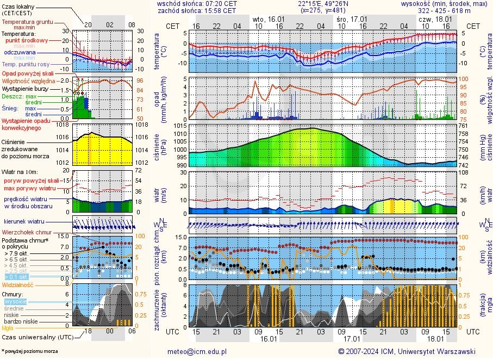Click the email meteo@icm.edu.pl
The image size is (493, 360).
coord(197,351)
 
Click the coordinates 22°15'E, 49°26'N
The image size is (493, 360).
coord(323,3)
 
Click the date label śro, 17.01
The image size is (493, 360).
coord(349,19)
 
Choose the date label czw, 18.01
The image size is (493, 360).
coord(433,19)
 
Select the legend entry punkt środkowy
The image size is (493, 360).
coord(27,40)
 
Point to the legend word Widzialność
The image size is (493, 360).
coord(18,284)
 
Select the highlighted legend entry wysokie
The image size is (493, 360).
coord(15,301)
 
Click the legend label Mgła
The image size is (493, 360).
coord(8,328)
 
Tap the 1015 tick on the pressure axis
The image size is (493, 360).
coord(181,126)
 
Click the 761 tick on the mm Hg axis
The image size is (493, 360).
coord(463,126)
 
